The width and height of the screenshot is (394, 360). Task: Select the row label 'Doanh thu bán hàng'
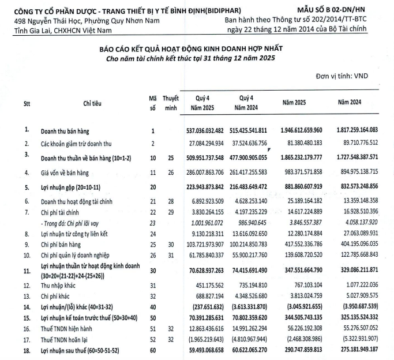(x=66, y=131)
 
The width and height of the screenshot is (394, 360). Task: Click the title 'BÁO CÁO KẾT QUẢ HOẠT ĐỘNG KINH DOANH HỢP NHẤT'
(x=197, y=49)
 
